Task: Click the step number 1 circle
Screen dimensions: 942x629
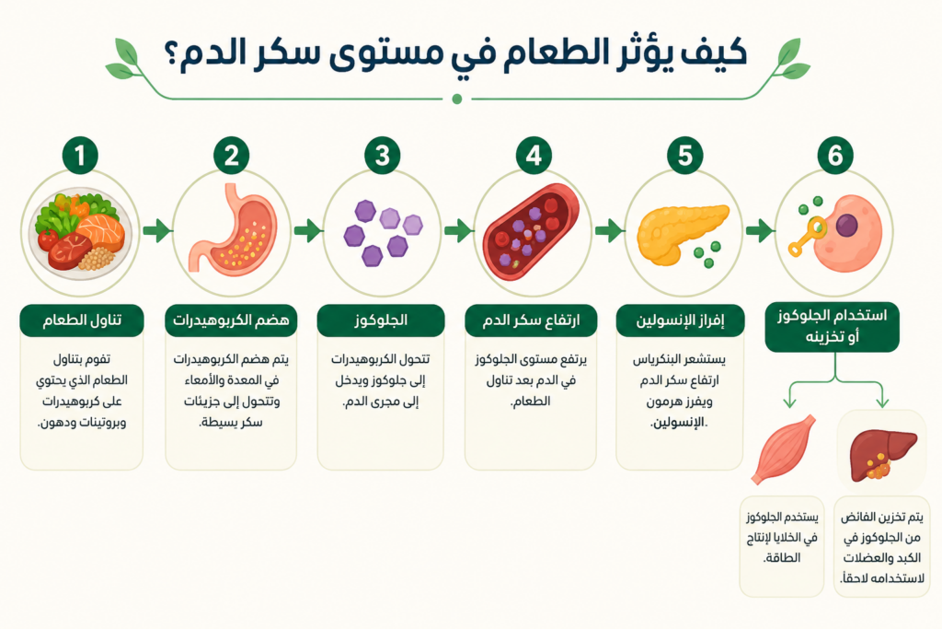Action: click(80, 156)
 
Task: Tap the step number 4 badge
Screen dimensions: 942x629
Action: click(534, 156)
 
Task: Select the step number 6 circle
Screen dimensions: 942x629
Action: click(835, 156)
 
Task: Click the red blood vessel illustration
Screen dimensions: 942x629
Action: click(531, 231)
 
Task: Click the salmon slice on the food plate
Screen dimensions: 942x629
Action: click(100, 231)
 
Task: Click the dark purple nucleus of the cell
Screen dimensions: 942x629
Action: click(846, 226)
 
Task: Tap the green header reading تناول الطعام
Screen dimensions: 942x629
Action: click(82, 320)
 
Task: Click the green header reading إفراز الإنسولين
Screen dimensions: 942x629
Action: click(680, 320)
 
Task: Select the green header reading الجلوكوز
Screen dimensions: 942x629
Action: click(381, 320)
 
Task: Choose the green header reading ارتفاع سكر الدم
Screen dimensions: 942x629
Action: click(531, 320)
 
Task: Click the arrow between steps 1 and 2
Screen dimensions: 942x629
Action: click(157, 230)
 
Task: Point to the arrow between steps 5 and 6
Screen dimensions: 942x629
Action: click(760, 230)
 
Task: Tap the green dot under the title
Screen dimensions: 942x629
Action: click(456, 99)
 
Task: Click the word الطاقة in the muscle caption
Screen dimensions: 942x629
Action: click(782, 558)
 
